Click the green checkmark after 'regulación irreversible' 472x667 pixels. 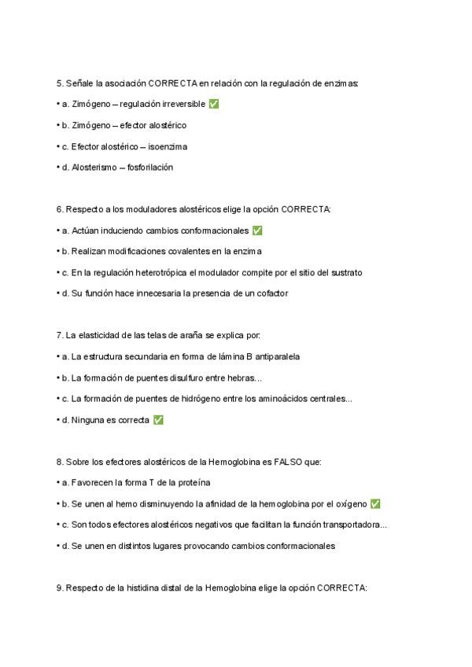(x=214, y=104)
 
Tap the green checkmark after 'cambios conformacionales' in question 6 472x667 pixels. (x=257, y=230)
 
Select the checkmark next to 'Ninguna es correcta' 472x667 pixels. (x=158, y=420)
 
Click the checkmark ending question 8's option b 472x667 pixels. (x=375, y=503)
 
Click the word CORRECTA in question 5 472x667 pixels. (x=172, y=83)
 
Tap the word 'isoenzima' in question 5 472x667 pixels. (x=168, y=146)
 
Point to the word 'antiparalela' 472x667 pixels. (x=275, y=356)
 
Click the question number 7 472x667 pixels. (x=59, y=335)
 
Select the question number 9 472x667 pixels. (x=59, y=588)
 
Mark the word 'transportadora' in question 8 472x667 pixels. (x=352, y=525)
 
